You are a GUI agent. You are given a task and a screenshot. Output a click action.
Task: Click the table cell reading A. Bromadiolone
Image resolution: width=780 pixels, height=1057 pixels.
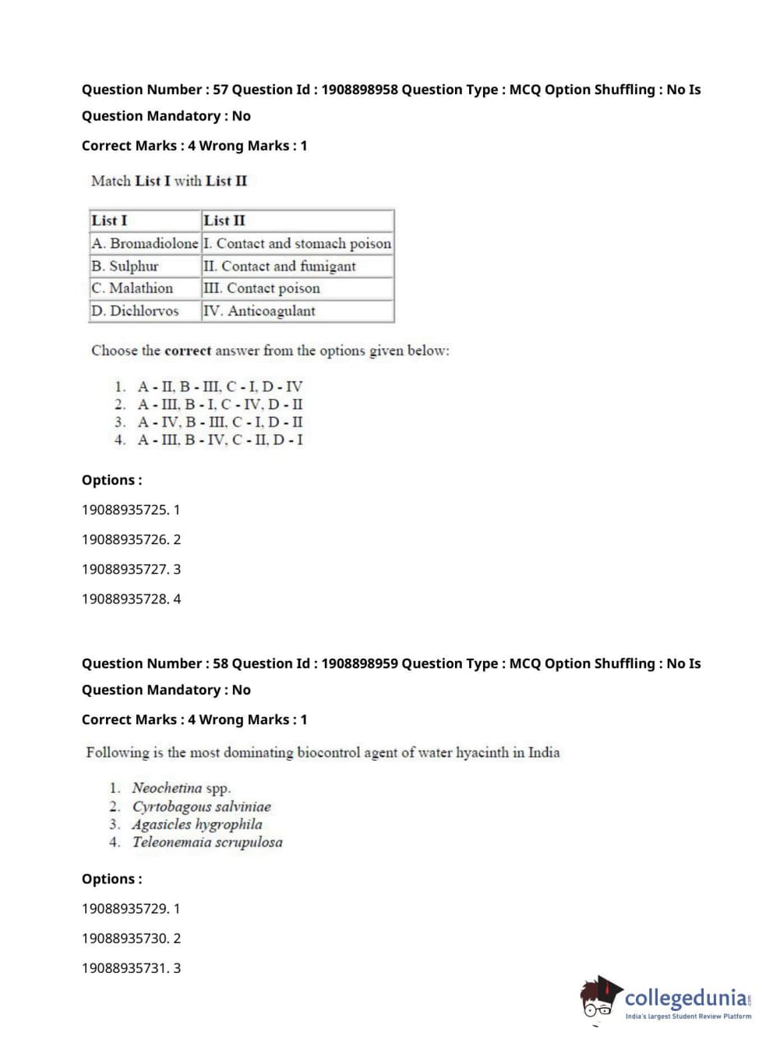pos(145,243)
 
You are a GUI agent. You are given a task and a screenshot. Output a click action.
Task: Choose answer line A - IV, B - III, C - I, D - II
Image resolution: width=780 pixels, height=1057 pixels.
pos(220,422)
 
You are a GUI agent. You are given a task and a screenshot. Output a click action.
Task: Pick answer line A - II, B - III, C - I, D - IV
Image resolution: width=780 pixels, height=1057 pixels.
pos(220,387)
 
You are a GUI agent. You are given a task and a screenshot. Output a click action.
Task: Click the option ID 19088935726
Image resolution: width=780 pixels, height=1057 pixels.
pos(125,539)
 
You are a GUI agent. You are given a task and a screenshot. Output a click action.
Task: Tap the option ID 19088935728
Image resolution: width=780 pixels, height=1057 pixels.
pos(125,599)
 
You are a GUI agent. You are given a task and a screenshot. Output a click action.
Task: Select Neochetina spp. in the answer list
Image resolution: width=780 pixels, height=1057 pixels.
pos(181,788)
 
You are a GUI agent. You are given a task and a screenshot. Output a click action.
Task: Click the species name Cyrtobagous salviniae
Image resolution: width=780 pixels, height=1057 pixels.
pos(201,807)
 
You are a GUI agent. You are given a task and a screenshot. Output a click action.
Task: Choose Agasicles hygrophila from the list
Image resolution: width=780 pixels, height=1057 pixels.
pos(197,825)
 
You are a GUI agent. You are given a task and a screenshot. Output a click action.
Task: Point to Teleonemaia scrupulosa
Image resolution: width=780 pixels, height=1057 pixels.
pos(207,843)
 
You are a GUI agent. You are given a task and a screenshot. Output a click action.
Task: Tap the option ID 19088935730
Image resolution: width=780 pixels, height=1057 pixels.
pos(125,939)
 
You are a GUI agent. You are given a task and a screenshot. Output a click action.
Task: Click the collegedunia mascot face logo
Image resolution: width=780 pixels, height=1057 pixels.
pos(598,999)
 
